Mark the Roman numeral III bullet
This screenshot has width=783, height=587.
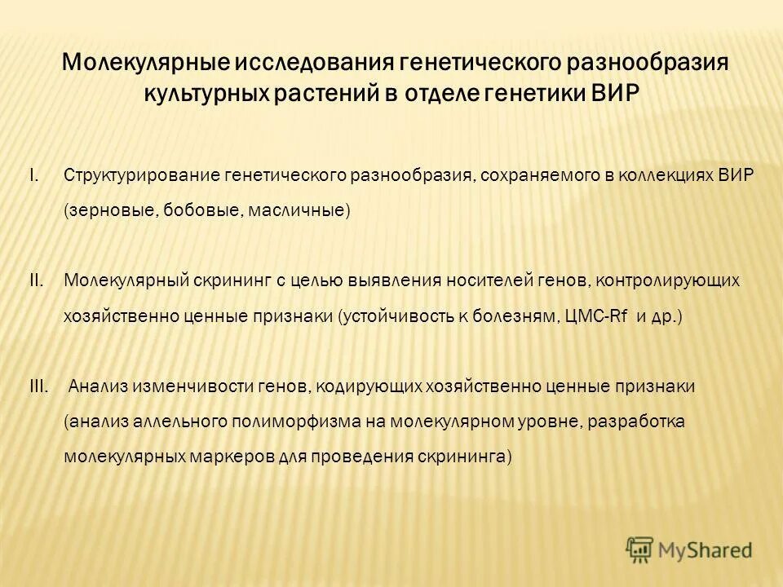coord(38,386)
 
